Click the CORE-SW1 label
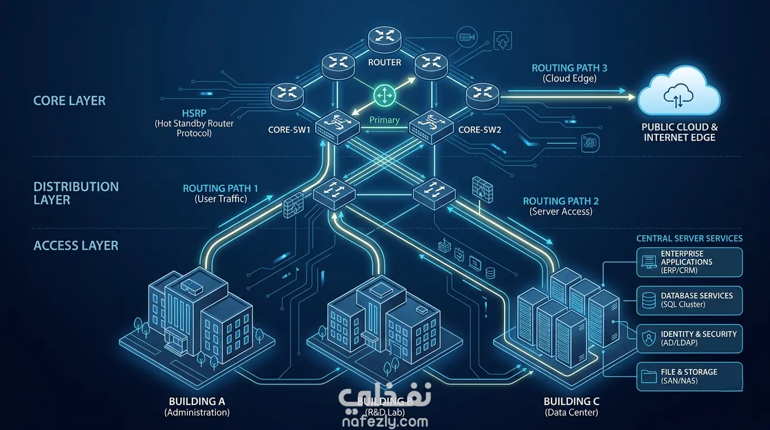pyautogui.click(x=289, y=130)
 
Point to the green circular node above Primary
pyautogui.click(x=384, y=96)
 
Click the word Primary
pyautogui.click(x=384, y=120)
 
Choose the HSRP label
pyautogui.click(x=194, y=113)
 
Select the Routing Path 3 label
pyautogui.click(x=569, y=68)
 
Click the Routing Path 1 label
pyautogui.click(x=220, y=189)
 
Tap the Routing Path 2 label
pyautogui.click(x=561, y=201)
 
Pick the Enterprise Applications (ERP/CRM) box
pyautogui.click(x=689, y=262)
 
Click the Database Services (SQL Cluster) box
pyautogui.click(x=689, y=300)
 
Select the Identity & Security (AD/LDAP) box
pyautogui.click(x=689, y=338)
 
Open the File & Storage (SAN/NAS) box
pyautogui.click(x=689, y=376)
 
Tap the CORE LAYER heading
pyautogui.click(x=69, y=101)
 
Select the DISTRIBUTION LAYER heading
pyautogui.click(x=76, y=193)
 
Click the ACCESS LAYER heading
pyautogui.click(x=76, y=245)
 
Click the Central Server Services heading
pyautogui.click(x=689, y=239)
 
